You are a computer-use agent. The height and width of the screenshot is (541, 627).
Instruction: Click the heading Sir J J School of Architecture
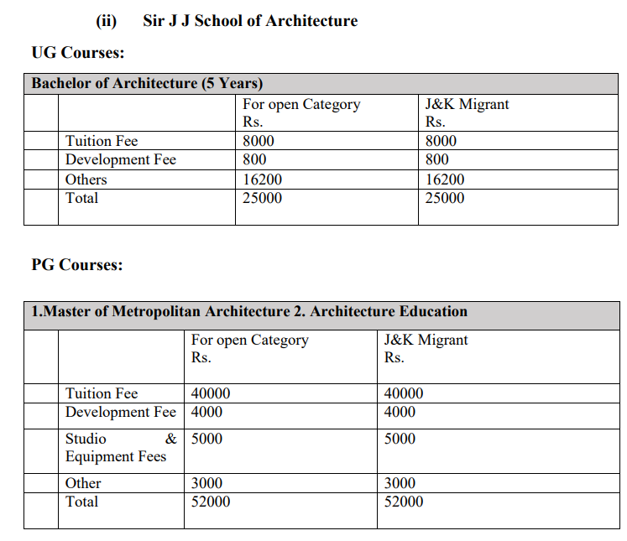coord(250,21)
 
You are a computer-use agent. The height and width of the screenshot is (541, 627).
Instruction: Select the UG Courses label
coord(78,53)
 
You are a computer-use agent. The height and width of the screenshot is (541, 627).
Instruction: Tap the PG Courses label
coord(77,265)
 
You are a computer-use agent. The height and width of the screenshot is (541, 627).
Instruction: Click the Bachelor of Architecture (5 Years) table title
coord(148,84)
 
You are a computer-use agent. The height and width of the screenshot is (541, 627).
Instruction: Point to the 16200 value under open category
coord(263,179)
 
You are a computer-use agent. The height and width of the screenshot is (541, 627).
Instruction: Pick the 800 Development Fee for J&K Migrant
coord(437,159)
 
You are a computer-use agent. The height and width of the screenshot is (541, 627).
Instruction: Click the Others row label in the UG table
coord(86,179)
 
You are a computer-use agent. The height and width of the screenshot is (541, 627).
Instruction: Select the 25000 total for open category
coord(263,198)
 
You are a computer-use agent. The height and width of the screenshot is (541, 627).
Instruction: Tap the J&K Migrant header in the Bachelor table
coord(468,104)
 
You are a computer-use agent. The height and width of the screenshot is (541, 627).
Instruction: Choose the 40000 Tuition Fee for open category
coord(211,393)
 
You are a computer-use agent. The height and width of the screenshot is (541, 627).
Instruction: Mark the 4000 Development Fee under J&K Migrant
coord(400,412)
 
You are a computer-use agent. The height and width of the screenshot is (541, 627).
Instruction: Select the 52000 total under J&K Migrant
coord(404,502)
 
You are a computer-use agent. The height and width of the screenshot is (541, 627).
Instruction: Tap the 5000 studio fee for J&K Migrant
coord(400,439)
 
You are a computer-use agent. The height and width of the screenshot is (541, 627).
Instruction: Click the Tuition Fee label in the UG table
coord(102,141)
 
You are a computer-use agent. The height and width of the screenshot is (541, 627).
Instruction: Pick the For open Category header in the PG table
coord(250,340)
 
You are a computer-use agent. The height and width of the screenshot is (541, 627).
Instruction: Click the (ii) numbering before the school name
coord(107,21)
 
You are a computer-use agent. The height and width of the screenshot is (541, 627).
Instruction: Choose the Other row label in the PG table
coord(83,483)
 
